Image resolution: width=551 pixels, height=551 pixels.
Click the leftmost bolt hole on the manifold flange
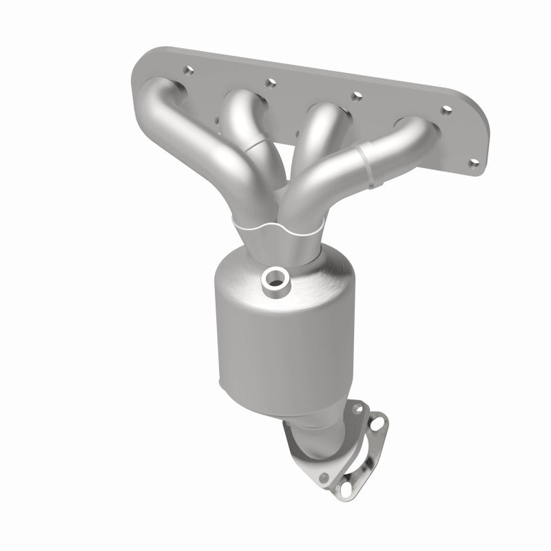187,70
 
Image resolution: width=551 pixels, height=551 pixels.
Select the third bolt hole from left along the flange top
357,95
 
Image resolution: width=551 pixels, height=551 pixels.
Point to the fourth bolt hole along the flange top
448,109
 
